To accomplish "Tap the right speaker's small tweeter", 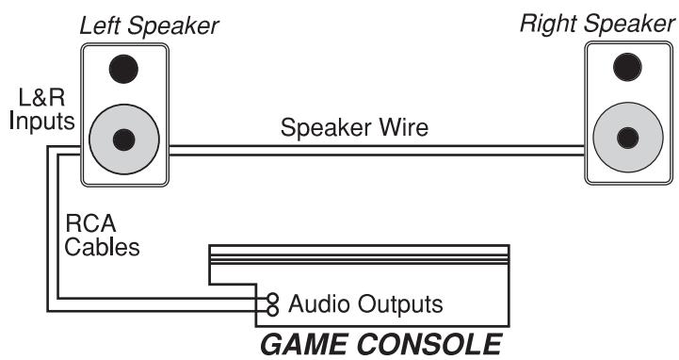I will [x=622, y=67].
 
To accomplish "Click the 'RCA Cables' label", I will [x=102, y=237].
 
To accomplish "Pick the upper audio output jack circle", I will [x=273, y=296].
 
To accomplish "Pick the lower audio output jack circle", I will [x=273, y=309].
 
